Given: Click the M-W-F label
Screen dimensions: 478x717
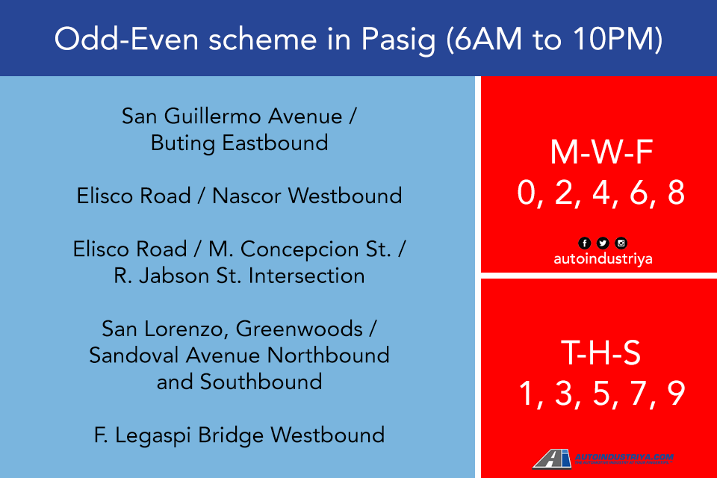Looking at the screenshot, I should pos(601,152).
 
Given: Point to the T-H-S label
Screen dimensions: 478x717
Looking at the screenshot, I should pos(601,354).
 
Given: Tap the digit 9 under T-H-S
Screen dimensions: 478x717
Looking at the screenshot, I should pos(676,394).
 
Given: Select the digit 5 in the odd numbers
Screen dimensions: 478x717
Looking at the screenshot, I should pos(601,394).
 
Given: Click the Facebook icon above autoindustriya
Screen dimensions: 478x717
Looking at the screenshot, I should pos(584,243).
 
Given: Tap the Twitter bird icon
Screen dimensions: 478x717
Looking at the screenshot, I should pos(603,243).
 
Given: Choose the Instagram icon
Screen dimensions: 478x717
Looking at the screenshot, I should pos(621,243).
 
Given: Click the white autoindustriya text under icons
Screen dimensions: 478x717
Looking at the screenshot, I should pos(602,259).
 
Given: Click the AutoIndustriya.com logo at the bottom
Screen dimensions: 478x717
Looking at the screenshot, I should pos(603,459).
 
